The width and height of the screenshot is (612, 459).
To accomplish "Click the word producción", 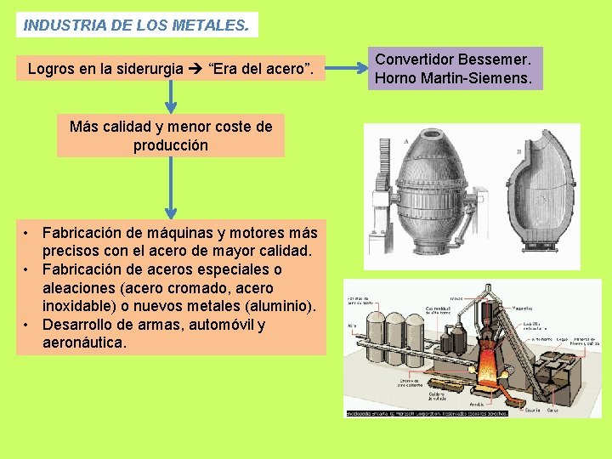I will point(171,145).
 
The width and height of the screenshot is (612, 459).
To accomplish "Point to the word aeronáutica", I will point(84,343).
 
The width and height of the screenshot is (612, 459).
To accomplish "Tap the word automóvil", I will point(218,325).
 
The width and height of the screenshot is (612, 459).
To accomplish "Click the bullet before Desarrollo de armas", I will point(28,325).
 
